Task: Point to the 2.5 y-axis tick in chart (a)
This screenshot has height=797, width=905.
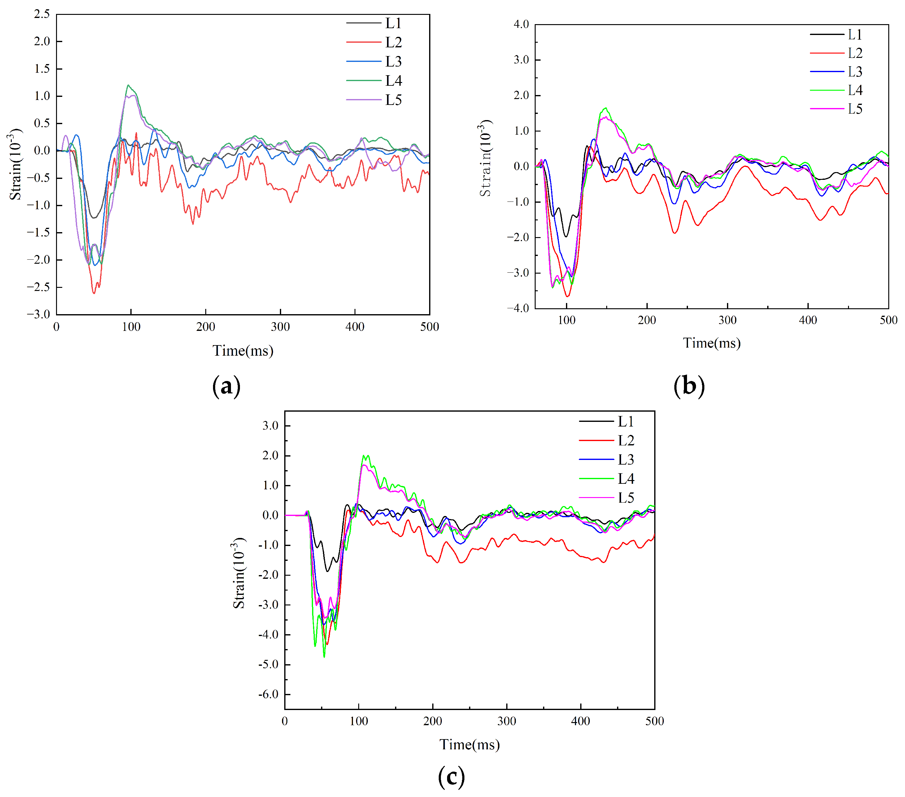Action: click(42, 14)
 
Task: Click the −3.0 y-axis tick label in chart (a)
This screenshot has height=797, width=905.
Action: click(38, 314)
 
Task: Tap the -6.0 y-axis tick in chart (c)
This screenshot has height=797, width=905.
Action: click(268, 694)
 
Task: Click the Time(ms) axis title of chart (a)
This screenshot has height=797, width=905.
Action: click(243, 350)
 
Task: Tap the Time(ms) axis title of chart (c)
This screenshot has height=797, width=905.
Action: click(469, 745)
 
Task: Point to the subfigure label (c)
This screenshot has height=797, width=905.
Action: click(451, 776)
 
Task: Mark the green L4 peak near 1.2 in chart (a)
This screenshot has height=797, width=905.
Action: click(128, 85)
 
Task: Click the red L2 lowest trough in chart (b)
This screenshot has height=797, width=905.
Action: click(568, 296)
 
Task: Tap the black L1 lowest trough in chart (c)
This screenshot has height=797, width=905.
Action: click(328, 571)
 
